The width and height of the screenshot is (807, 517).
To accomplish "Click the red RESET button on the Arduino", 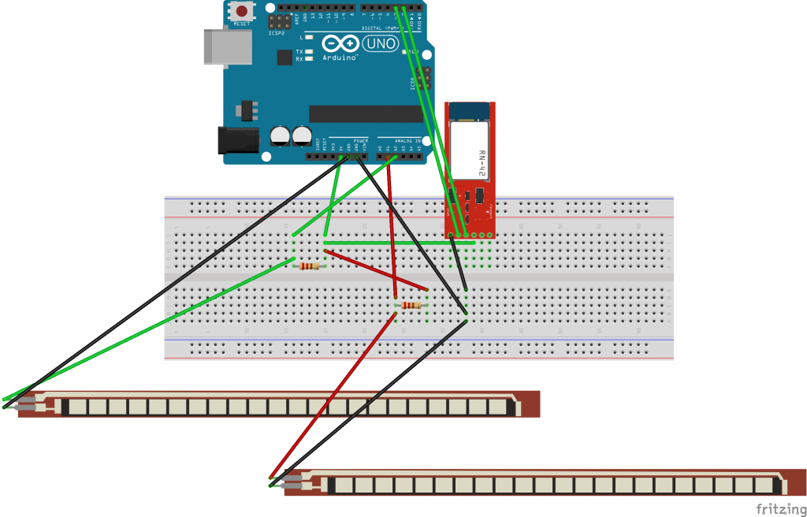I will point(242,11).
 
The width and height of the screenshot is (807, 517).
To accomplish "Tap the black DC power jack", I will point(236,140).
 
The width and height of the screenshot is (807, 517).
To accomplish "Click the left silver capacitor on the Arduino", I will point(280,136).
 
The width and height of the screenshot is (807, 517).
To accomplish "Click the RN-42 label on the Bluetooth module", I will point(482,162).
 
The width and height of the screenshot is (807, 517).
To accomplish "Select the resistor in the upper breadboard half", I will point(309,266).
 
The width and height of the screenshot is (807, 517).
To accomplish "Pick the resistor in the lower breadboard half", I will point(411,306).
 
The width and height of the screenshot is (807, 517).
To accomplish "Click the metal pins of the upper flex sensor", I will point(28,404).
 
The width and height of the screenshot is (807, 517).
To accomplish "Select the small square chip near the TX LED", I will point(284,57).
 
